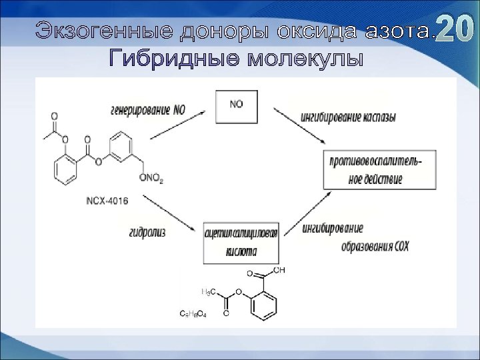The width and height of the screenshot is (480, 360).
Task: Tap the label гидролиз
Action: click(148, 232)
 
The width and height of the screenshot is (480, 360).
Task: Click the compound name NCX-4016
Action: click(107, 200)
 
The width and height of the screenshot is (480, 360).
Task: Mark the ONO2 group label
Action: click(151, 179)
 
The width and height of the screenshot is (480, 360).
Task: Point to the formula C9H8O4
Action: click(193, 313)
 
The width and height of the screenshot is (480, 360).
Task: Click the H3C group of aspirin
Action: click(209, 291)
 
